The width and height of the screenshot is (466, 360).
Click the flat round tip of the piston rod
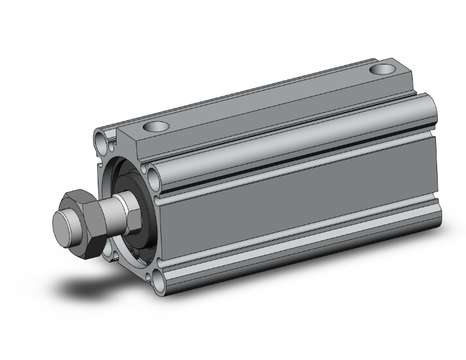(63, 223)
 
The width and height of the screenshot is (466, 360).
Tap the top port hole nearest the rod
(155, 127)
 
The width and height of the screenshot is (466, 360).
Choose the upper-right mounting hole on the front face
(153, 170)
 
